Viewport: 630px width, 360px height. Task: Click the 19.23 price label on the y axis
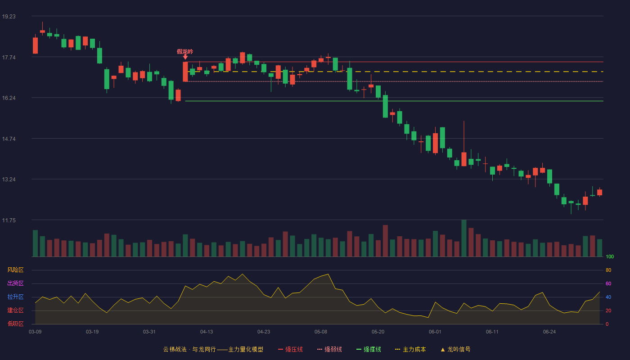tap(9, 17)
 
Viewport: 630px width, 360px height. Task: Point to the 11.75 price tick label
tap(9, 220)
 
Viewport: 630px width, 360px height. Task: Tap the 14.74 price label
tap(9, 139)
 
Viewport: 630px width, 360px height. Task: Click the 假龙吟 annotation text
tap(185, 51)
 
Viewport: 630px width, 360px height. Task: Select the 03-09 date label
tap(35, 332)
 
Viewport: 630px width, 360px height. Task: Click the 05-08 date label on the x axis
tap(321, 332)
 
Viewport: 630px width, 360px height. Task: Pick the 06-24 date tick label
tap(549, 332)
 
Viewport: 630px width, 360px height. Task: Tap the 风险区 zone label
tap(15, 270)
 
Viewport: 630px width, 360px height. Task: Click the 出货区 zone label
tap(15, 283)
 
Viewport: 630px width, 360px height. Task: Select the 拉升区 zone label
tap(15, 297)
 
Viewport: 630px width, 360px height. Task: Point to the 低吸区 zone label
tap(15, 324)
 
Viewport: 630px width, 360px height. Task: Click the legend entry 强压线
tap(290, 349)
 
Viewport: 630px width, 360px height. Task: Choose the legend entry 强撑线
tap(369, 349)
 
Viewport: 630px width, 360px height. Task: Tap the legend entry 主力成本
tap(410, 349)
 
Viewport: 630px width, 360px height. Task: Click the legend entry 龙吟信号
tap(455, 349)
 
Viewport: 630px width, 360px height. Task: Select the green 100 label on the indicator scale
tap(610, 256)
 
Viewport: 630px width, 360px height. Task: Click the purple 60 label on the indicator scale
tap(608, 283)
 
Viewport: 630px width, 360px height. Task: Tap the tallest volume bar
tap(464, 238)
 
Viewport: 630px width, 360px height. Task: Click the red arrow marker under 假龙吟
tap(185, 58)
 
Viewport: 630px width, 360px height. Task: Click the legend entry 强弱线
tap(329, 349)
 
